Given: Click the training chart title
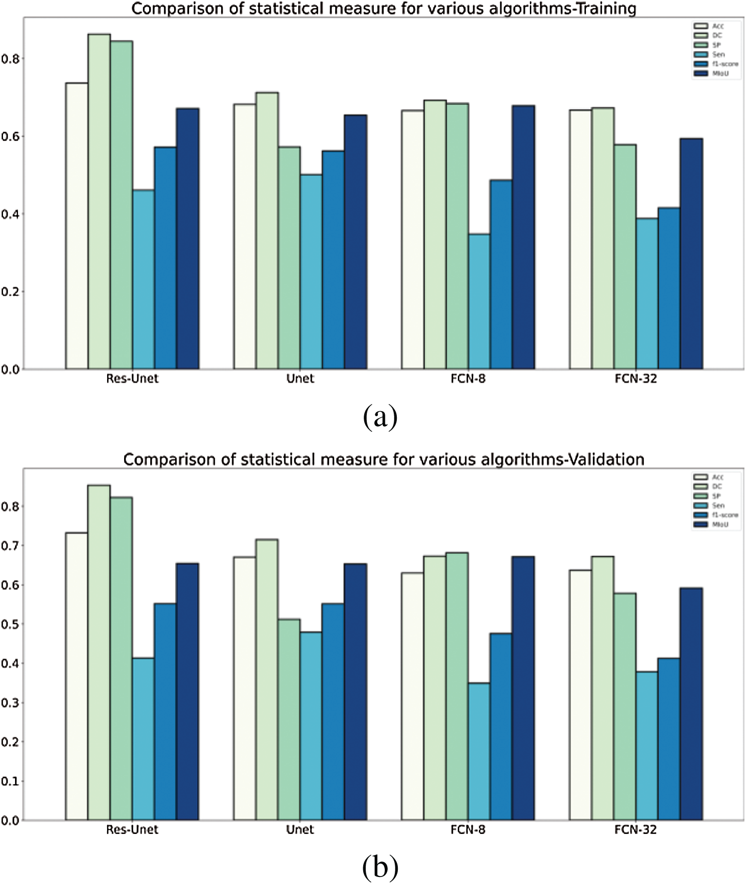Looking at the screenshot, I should tap(384, 9).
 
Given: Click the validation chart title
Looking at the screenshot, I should tap(384, 459).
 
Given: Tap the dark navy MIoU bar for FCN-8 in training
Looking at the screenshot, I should tap(523, 237).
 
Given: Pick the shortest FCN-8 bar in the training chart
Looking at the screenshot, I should tap(479, 302).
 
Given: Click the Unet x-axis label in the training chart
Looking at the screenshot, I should tap(300, 379).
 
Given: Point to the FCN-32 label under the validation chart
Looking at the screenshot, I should tap(635, 829).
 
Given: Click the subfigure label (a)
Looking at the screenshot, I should tap(380, 417).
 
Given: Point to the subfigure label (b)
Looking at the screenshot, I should tap(380, 868).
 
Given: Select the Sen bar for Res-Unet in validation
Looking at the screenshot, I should tap(144, 739).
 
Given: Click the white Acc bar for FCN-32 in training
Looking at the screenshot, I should tap(580, 239).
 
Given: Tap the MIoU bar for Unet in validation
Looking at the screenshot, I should tap(355, 692).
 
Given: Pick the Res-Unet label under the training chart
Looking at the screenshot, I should tap(132, 379).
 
